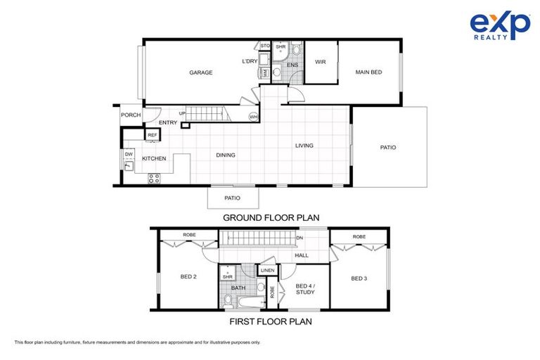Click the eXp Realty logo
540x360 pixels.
pyautogui.click(x=500, y=27)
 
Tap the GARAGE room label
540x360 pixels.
pyautogui.click(x=200, y=72)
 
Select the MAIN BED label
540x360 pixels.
pyautogui.click(x=368, y=72)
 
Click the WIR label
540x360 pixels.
pyautogui.click(x=319, y=62)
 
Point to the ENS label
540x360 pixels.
pyautogui.click(x=292, y=65)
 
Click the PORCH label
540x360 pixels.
pyautogui.click(x=131, y=115)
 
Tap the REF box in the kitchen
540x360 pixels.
pyautogui.click(x=152, y=134)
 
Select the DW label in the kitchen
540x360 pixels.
pyautogui.click(x=129, y=154)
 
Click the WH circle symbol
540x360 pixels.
pyautogui.click(x=253, y=117)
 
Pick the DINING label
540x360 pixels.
pyautogui.click(x=226, y=155)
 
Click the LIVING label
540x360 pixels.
pyautogui.click(x=304, y=146)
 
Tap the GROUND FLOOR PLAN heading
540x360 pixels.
pyautogui.click(x=271, y=218)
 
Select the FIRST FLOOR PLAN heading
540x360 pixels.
pyautogui.click(x=271, y=322)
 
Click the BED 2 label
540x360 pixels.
pyautogui.click(x=188, y=277)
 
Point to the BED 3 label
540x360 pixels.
pyautogui.click(x=359, y=278)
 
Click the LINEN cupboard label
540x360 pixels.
pyautogui.click(x=266, y=271)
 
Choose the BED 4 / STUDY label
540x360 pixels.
pyautogui.click(x=304, y=290)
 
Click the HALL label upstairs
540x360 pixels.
pyautogui.click(x=301, y=255)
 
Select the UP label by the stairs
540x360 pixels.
pyautogui.click(x=183, y=114)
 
